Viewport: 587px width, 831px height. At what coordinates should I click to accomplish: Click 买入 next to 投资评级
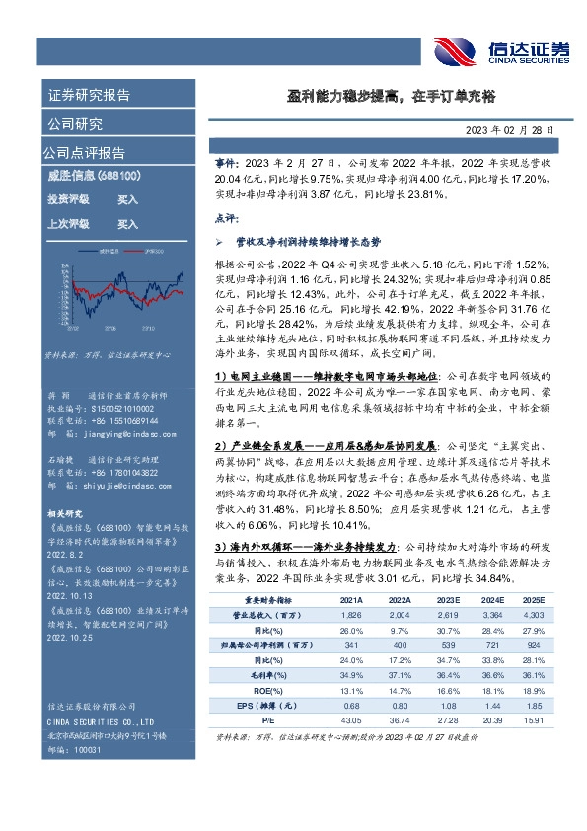[127, 199]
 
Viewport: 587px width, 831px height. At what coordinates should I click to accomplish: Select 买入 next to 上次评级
[127, 224]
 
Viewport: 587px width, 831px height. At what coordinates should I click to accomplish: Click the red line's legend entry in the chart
[151, 252]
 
